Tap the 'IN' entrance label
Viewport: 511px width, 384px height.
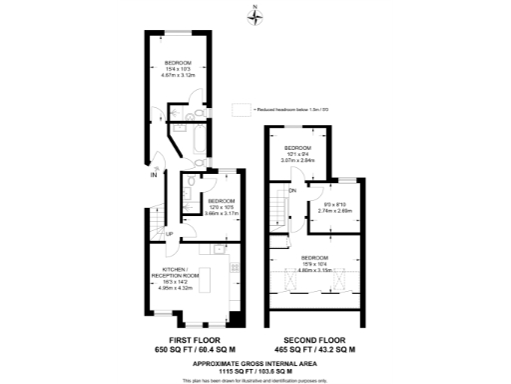coord(154,177)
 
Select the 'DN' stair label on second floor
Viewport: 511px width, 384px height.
coord(292,190)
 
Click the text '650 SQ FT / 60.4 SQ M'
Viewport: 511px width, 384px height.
coord(195,350)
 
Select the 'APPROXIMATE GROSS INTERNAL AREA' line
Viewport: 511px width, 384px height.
coord(256,363)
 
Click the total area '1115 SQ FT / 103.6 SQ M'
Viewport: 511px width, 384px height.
coord(256,371)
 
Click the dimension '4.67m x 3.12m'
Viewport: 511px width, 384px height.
coord(182,74)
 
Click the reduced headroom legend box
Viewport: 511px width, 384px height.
coord(240,109)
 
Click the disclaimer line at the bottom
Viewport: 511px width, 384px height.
coord(256,379)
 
